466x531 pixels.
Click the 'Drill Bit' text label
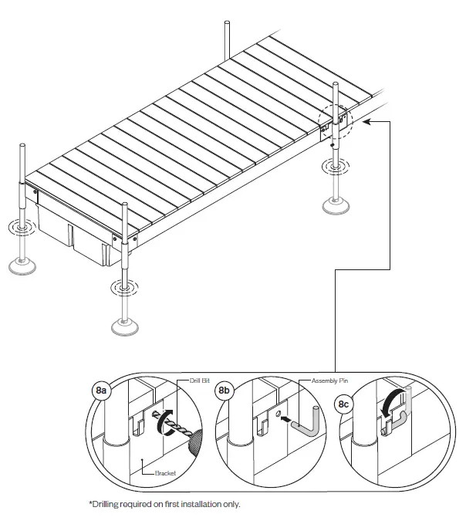point(201,380)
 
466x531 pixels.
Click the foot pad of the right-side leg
point(336,206)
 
